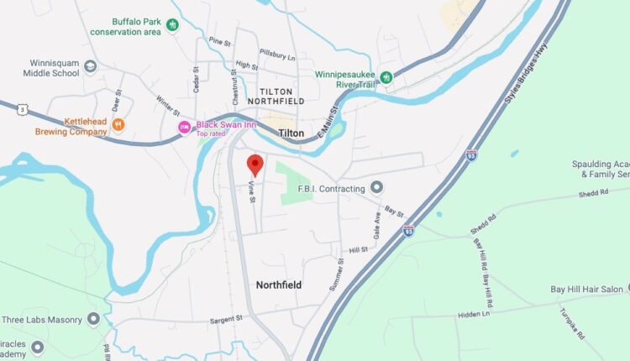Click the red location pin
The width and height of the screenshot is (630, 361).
click(x=255, y=165)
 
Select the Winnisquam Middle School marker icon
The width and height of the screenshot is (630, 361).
click(x=90, y=65)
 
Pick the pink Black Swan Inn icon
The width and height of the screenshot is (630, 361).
click(x=184, y=127)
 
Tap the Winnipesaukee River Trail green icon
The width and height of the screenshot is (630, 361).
click(x=386, y=77)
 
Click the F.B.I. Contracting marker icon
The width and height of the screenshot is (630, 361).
click(x=377, y=186)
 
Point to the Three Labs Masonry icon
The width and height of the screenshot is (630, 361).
click(x=93, y=319)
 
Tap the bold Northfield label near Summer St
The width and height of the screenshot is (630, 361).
click(x=279, y=285)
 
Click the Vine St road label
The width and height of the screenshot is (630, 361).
click(x=251, y=192)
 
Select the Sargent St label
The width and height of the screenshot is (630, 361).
click(x=225, y=319)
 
